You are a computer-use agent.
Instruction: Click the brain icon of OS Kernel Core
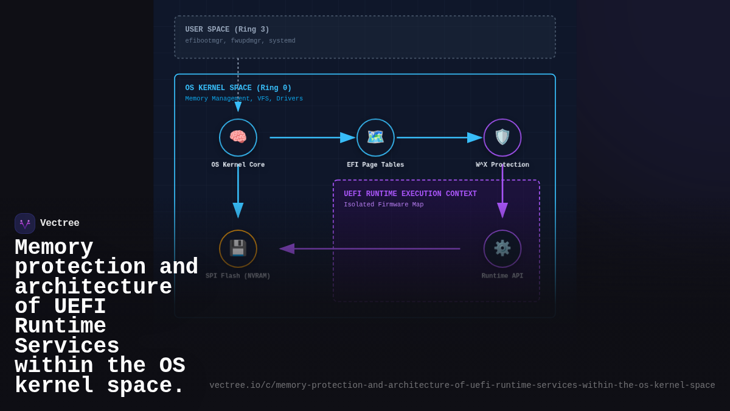click(x=238, y=137)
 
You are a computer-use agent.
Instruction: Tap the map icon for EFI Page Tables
click(x=375, y=137)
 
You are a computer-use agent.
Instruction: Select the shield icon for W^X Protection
click(x=502, y=137)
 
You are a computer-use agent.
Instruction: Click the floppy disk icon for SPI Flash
click(x=238, y=248)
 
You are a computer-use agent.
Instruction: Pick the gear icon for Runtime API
click(x=502, y=248)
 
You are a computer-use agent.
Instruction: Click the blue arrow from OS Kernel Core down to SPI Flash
click(x=238, y=192)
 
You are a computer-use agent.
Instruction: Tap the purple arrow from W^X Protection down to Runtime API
click(x=502, y=192)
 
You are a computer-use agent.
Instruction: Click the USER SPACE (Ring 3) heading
click(x=227, y=30)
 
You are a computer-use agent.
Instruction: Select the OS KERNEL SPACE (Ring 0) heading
click(x=238, y=88)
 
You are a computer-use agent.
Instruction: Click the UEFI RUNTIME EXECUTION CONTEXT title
click(x=410, y=194)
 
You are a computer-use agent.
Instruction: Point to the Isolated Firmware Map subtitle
click(x=383, y=205)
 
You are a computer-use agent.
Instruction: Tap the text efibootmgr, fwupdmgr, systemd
click(x=240, y=41)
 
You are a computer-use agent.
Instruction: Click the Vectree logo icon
click(x=25, y=223)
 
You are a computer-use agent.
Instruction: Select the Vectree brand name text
click(x=60, y=223)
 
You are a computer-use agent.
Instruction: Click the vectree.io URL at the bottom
click(x=462, y=385)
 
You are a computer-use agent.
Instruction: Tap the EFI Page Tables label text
click(x=375, y=165)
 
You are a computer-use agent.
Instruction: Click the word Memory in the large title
click(x=54, y=248)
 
